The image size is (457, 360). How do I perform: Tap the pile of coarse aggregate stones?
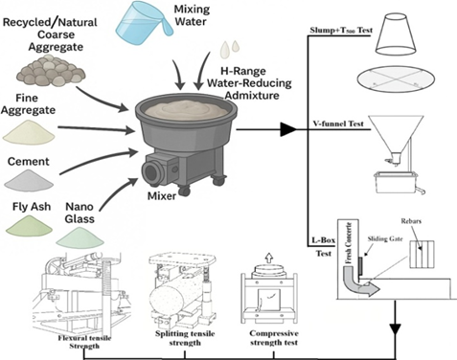51,71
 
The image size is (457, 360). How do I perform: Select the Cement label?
29,162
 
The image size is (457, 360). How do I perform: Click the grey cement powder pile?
29,179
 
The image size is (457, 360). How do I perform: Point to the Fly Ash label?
32,207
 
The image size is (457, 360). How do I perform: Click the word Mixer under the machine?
162,196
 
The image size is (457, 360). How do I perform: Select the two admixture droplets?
229,49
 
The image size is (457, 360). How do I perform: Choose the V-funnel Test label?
338,124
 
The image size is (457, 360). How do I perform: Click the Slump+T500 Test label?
341,31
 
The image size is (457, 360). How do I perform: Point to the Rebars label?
411,221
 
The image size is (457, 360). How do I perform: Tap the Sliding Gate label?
385,238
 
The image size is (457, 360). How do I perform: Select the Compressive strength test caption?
274,338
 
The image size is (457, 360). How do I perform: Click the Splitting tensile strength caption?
185,338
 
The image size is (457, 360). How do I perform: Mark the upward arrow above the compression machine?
269,258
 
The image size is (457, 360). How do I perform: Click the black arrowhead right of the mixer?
288,129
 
